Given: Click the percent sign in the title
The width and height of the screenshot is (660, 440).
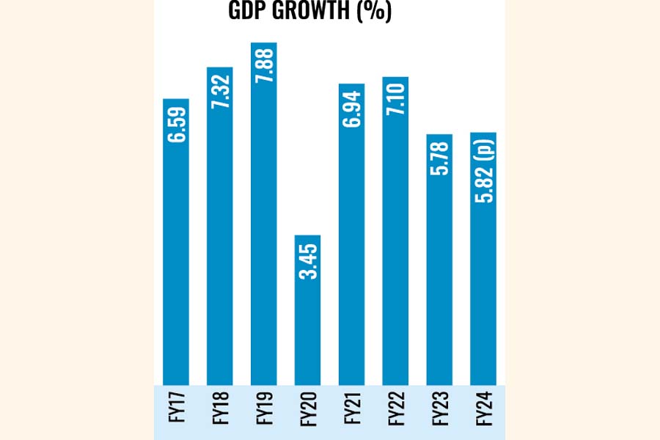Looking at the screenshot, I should coord(375,13).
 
